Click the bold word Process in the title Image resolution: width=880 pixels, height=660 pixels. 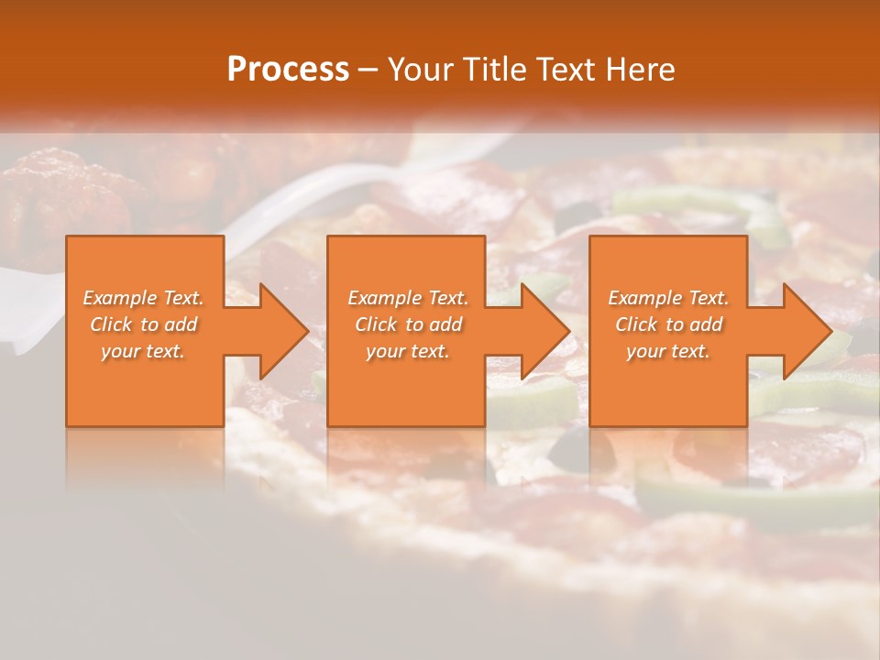288,69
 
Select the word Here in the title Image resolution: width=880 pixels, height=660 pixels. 643,69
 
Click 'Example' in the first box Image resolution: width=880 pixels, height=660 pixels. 119,298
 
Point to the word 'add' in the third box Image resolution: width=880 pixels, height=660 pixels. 706,324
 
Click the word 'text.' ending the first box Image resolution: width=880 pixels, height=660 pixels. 165,351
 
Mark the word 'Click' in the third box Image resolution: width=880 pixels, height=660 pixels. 636,324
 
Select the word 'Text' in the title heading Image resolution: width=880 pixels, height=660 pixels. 567,69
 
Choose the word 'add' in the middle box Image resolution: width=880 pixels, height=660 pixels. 445,324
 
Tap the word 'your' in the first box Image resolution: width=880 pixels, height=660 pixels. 120,351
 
